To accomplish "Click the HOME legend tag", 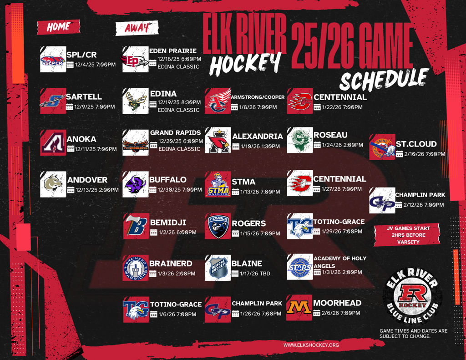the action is (x=59, y=27).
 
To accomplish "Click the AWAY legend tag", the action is (x=137, y=28).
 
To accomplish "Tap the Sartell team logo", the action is (x=53, y=101).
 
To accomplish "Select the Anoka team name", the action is (x=81, y=139).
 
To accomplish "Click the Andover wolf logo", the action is (x=53, y=184).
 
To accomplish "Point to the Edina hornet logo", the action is (x=136, y=101).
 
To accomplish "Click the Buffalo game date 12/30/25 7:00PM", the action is (x=180, y=190).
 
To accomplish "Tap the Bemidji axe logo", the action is (x=137, y=226).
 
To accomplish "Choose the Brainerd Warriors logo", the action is (x=136, y=268).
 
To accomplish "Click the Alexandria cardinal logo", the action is (x=218, y=140).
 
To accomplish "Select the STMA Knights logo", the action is (x=218, y=184).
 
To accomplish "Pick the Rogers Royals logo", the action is (x=218, y=226).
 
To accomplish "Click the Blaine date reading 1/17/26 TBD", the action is (x=255, y=274).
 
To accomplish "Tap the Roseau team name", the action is (x=330, y=135).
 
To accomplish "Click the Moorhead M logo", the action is (x=299, y=308).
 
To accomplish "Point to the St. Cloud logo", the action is (x=382, y=147).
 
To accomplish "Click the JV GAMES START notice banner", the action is (x=407, y=235).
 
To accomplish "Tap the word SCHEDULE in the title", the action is (x=385, y=79).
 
